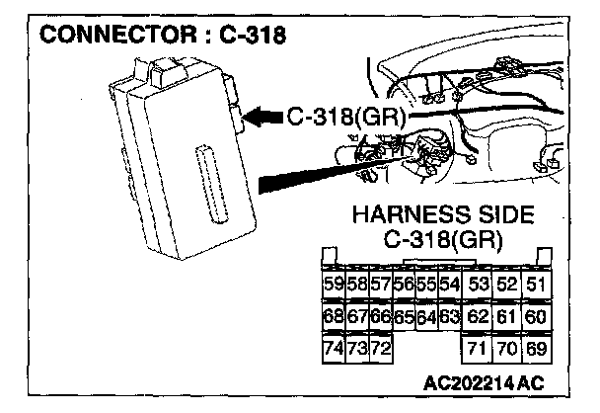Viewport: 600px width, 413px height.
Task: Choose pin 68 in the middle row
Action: (x=335, y=317)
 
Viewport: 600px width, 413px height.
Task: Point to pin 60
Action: (x=537, y=317)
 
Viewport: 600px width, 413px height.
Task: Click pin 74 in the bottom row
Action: (x=335, y=349)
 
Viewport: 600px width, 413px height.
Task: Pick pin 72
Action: (x=380, y=349)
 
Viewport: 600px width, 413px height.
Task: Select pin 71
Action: (x=479, y=349)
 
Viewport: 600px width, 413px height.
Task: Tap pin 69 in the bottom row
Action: (x=537, y=349)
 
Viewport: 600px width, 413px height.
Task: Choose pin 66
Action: (x=380, y=317)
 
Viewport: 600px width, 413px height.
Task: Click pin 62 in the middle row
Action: (x=479, y=317)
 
